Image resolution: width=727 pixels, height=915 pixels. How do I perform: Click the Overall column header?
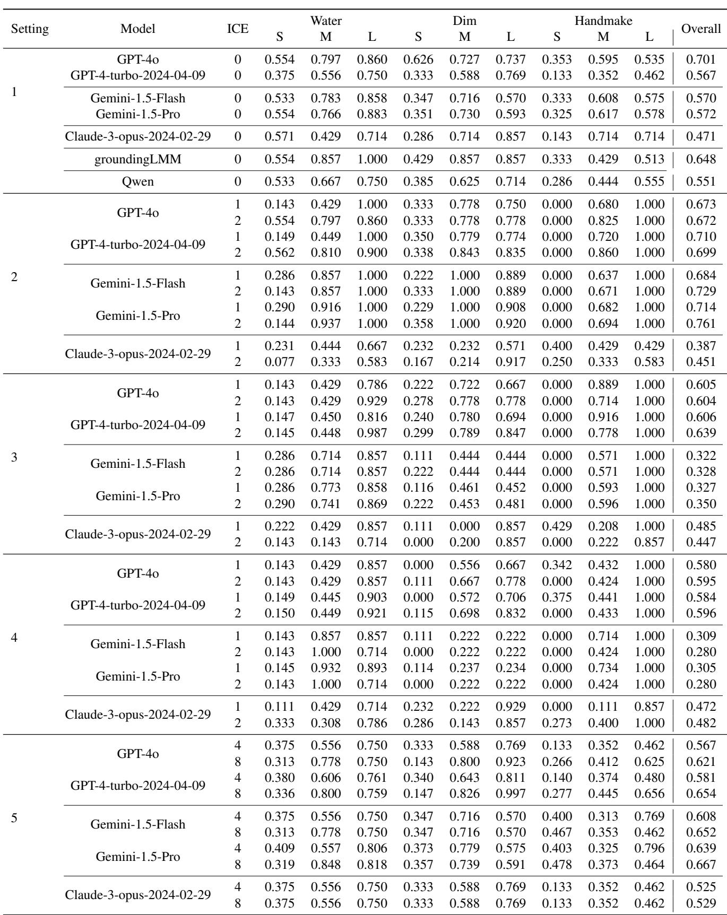click(x=700, y=29)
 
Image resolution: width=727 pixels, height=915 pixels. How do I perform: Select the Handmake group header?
click(x=603, y=21)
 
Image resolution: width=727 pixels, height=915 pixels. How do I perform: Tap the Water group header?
click(x=326, y=21)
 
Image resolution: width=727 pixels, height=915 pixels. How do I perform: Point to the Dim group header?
click(x=464, y=21)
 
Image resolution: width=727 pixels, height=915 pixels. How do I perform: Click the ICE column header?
click(x=238, y=29)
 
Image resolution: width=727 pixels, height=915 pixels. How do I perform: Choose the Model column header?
click(x=138, y=29)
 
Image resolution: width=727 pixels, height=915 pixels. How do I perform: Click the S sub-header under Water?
click(x=280, y=37)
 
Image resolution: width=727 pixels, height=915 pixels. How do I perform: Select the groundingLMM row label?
click(x=138, y=159)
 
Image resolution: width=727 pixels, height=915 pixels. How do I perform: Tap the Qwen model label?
click(x=138, y=182)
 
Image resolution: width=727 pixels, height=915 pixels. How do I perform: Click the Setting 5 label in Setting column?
click(x=14, y=818)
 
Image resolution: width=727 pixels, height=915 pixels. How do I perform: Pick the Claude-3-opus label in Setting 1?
click(x=138, y=136)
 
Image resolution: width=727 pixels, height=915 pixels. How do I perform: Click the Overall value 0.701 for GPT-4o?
click(x=701, y=60)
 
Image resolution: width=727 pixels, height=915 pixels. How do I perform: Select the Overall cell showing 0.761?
click(x=701, y=324)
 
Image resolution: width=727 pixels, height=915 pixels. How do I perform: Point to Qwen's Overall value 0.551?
click(x=701, y=182)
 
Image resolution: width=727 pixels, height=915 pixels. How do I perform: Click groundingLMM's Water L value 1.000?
click(x=372, y=159)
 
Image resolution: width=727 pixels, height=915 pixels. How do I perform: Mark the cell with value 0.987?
click(x=372, y=433)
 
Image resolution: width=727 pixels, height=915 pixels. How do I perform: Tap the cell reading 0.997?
click(x=510, y=794)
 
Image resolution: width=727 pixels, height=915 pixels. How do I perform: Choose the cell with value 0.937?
click(x=326, y=324)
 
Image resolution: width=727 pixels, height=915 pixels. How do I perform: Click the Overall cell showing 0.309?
click(x=701, y=636)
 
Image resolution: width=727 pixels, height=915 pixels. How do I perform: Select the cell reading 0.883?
click(x=372, y=114)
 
